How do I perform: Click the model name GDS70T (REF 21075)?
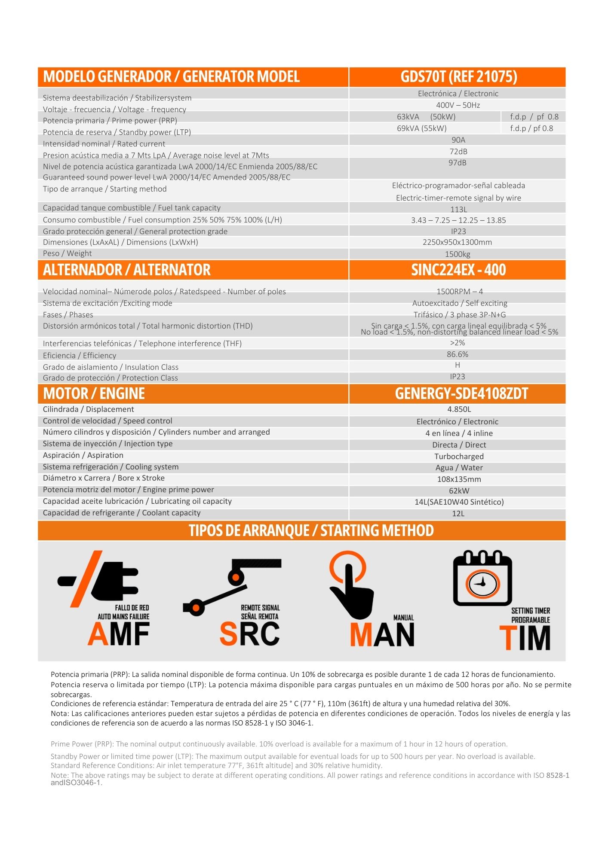tap(458, 77)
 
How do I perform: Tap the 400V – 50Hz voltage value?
tap(458, 105)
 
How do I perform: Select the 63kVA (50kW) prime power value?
tap(426, 117)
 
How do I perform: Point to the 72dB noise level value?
tap(458, 152)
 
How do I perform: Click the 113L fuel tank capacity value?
tap(458, 210)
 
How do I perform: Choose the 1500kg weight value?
tap(458, 254)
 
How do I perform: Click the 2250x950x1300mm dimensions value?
tap(457, 242)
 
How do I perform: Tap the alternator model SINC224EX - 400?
tap(458, 270)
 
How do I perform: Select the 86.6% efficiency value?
tap(458, 354)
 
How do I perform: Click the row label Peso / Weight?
tap(67, 253)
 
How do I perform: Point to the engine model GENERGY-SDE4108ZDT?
tap(461, 394)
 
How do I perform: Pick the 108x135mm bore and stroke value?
tap(459, 479)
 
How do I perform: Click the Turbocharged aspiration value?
tap(459, 457)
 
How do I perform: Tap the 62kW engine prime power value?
tap(459, 491)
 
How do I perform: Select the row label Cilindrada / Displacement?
tap(88, 409)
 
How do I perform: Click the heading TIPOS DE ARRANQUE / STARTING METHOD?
tap(311, 531)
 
